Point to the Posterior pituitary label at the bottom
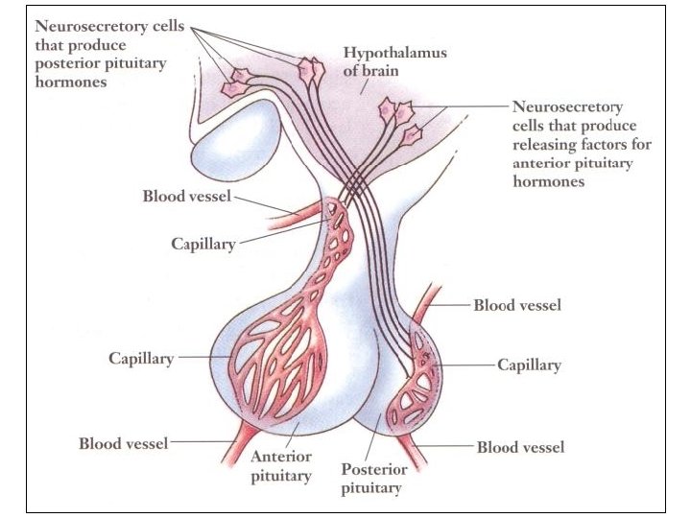374,479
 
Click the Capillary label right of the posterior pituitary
529,365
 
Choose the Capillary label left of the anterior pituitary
141,359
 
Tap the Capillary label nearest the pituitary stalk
203,244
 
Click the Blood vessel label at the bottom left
123,443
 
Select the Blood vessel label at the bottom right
520,447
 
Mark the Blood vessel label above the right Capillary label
517,306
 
